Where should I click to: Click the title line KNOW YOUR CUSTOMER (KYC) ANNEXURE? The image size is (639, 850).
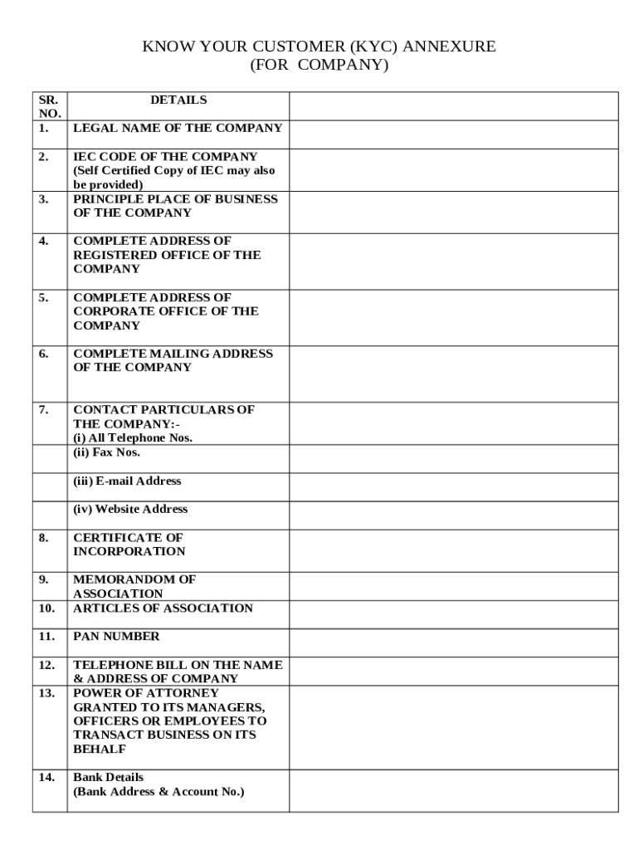(x=319, y=46)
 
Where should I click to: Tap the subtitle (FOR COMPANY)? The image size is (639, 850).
(x=319, y=65)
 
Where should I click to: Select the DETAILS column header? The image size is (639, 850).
(x=178, y=100)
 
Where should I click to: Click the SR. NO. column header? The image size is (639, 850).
(x=49, y=106)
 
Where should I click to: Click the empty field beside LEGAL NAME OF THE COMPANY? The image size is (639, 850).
(x=453, y=134)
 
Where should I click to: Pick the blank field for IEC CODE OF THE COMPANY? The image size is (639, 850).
(x=453, y=170)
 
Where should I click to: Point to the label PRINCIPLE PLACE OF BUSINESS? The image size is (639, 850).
(x=175, y=199)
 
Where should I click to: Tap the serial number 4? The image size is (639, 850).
(x=43, y=242)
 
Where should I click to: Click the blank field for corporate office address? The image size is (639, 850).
(x=453, y=318)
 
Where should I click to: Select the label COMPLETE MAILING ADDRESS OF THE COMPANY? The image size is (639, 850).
(x=173, y=360)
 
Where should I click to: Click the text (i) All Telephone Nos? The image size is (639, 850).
(x=133, y=437)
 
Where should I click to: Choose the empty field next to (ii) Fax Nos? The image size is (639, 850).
(x=453, y=459)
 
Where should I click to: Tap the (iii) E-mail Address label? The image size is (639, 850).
(x=127, y=481)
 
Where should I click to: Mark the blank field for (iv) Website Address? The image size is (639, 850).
(x=453, y=515)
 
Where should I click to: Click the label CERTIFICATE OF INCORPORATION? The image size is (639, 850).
(x=129, y=545)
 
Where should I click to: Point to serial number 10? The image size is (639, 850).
(x=46, y=608)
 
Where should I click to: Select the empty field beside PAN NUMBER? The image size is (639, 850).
(x=453, y=643)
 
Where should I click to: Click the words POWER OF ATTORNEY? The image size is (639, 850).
(x=146, y=693)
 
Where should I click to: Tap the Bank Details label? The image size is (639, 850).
(x=108, y=778)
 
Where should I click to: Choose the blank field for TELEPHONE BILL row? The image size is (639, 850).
(x=453, y=672)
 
